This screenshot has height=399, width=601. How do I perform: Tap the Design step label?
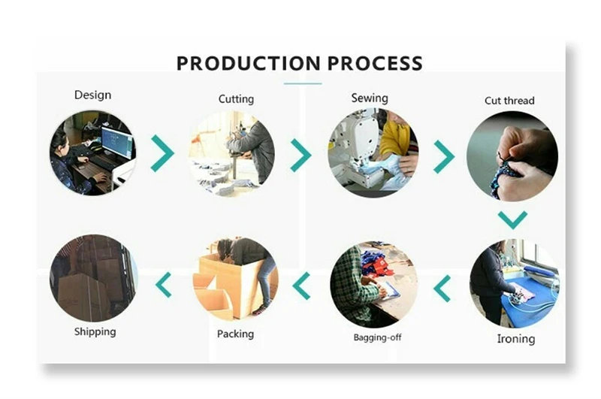tap(92, 95)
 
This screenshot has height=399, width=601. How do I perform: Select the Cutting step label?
tap(236, 98)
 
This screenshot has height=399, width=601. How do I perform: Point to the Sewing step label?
tap(370, 98)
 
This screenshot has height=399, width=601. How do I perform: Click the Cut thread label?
tap(509, 101)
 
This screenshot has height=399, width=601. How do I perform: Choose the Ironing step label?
tap(516, 338)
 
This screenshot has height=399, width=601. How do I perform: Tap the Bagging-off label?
tap(377, 337)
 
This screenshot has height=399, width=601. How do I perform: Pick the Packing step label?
tap(235, 334)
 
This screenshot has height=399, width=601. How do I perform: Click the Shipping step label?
tap(95, 331)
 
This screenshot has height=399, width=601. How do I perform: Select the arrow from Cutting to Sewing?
tap(300, 155)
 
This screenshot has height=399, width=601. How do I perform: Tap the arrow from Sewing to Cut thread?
tap(444, 156)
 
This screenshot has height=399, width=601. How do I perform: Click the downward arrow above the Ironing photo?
tap(512, 219)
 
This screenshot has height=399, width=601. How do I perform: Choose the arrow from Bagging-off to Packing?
tap(302, 286)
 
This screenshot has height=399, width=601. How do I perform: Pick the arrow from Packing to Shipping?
tap(163, 285)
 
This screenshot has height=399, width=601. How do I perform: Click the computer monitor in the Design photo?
tap(116, 141)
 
